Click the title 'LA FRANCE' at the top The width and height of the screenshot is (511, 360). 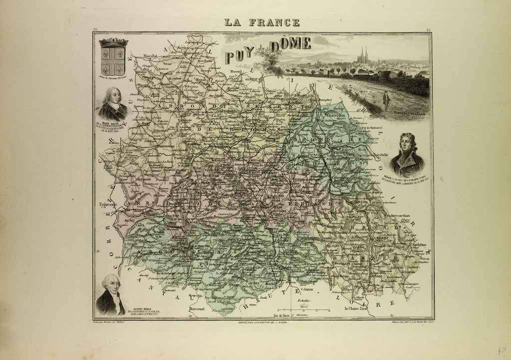pyautogui.click(x=262, y=22)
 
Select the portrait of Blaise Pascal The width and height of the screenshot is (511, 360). pyautogui.click(x=112, y=103)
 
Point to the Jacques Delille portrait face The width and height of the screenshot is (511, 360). pyautogui.click(x=111, y=285)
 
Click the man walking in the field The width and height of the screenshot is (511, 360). pyautogui.click(x=386, y=100)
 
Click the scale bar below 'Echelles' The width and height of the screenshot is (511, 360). pyautogui.click(x=304, y=310)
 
